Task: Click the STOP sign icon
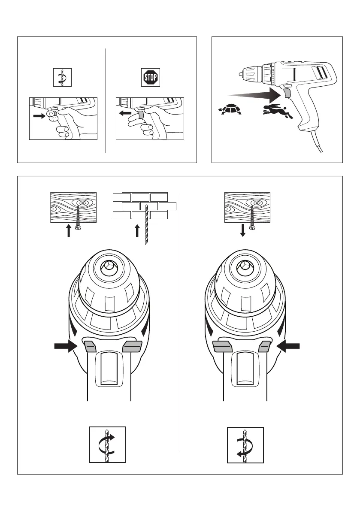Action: [x=150, y=78]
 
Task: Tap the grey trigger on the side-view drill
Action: [x=287, y=94]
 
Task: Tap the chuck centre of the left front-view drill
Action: [x=109, y=269]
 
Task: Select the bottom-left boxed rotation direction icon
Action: [x=107, y=444]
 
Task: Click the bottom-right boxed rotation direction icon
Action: [x=245, y=444]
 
